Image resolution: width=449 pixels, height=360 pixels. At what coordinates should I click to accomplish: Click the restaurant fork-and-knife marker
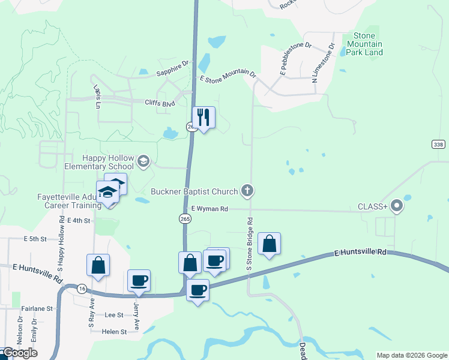[x=203, y=117]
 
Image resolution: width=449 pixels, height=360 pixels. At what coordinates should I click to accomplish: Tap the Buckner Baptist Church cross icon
[x=246, y=191]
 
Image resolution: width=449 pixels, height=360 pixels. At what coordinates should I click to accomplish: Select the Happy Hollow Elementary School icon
[x=143, y=161]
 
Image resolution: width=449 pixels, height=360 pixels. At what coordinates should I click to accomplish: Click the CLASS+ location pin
[x=396, y=206]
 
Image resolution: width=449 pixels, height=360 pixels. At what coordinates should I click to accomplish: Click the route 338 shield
[x=439, y=145]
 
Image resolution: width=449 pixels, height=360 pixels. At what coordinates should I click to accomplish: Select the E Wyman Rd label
[x=209, y=209]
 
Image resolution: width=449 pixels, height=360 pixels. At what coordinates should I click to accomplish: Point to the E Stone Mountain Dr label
[x=228, y=77]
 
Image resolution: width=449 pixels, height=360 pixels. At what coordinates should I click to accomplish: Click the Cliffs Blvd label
[x=160, y=103]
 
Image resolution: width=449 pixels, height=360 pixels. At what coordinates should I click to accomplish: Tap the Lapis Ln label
[x=97, y=95]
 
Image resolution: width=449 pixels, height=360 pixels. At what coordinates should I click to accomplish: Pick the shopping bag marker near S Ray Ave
[x=98, y=265]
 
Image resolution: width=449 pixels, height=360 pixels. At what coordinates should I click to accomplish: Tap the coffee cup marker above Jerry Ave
[x=139, y=280]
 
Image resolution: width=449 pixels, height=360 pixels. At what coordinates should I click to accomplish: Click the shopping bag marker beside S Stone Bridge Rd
[x=270, y=243]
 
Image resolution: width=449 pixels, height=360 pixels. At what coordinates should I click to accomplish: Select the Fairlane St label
[x=37, y=308]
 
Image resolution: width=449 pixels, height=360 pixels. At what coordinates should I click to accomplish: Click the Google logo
[x=19, y=353]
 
